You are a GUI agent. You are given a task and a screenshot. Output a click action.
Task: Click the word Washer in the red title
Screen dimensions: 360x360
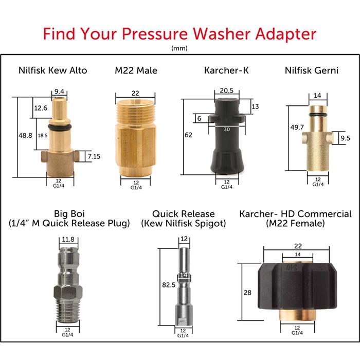click(x=222, y=34)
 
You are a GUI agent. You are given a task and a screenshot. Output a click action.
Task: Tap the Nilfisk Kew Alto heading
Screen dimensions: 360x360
click(x=53, y=70)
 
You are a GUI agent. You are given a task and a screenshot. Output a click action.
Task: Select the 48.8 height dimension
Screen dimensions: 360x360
click(x=25, y=135)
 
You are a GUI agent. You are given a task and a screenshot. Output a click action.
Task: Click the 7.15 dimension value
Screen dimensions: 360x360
click(x=94, y=156)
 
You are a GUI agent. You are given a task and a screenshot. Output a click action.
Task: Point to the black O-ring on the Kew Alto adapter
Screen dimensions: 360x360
click(x=60, y=127)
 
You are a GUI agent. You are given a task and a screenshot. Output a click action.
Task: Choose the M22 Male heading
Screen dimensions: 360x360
click(x=136, y=70)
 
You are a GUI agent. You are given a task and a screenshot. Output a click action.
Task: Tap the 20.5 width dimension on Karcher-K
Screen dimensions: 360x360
click(x=226, y=91)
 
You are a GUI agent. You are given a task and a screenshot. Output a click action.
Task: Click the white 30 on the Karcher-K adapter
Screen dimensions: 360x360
click(x=227, y=130)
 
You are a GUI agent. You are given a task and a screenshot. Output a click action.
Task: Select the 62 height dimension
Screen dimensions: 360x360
click(x=189, y=135)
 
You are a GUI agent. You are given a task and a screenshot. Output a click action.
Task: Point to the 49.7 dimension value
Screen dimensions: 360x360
click(x=297, y=127)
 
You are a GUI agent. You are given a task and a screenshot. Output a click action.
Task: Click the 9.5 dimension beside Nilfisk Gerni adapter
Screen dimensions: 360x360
click(x=345, y=138)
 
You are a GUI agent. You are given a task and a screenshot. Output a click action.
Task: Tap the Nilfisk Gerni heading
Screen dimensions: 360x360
click(x=312, y=70)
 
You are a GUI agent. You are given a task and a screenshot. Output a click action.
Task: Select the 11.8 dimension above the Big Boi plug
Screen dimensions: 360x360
click(x=68, y=240)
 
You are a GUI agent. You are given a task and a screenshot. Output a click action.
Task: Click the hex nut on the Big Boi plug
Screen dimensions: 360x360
click(x=67, y=292)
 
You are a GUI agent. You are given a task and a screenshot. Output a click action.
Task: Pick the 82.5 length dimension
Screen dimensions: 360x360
click(x=169, y=285)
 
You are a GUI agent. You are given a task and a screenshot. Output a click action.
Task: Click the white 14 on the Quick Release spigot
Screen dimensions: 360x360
click(x=184, y=275)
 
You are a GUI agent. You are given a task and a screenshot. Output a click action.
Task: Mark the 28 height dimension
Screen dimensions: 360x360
click(x=247, y=293)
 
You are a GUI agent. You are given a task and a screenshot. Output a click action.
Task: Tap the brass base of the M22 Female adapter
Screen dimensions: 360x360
click(x=297, y=314)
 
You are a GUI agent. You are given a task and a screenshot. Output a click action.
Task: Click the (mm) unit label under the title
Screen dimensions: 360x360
click(x=179, y=48)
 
